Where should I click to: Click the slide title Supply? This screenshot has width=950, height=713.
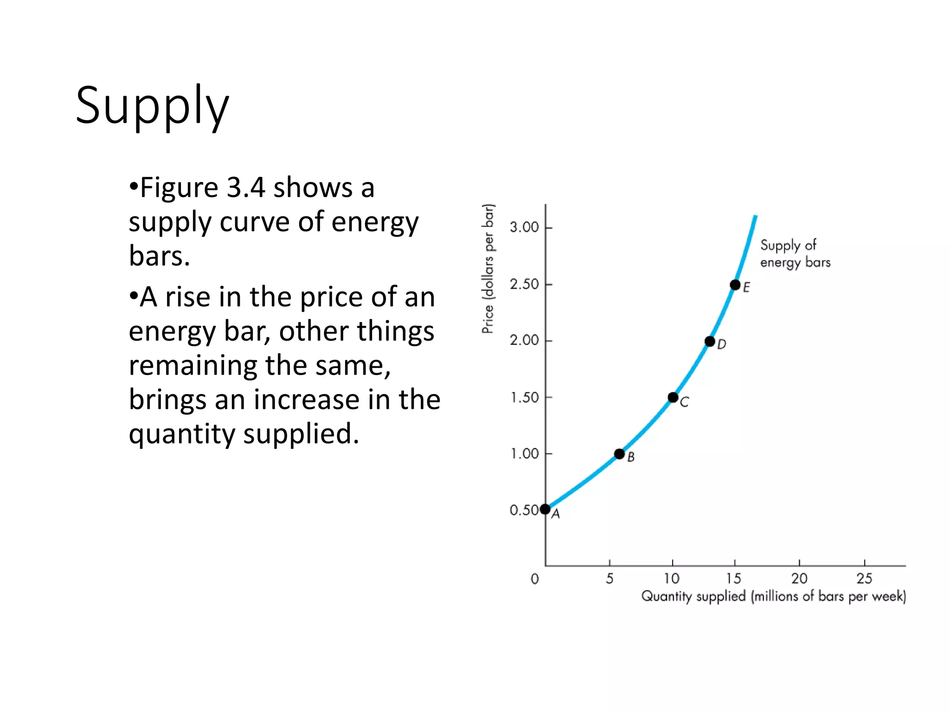[x=152, y=106]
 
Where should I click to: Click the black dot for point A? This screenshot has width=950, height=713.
[x=545, y=509]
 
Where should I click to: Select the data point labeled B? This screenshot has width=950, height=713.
[x=619, y=454]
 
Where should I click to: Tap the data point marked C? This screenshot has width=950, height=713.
[x=673, y=397]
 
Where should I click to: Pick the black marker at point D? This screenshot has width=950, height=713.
[x=710, y=342]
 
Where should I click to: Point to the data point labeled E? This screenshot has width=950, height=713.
[x=735, y=285]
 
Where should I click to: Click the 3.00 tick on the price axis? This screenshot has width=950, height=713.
[x=524, y=227]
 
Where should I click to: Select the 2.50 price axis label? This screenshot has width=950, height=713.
[x=524, y=284]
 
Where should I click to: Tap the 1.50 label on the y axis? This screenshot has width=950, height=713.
[x=524, y=398]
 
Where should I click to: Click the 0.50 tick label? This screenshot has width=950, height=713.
[x=524, y=510]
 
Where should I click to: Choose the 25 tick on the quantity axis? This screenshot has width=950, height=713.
[x=864, y=578]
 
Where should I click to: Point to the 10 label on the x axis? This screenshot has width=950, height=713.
[x=672, y=578]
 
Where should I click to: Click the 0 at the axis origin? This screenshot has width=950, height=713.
[x=535, y=579]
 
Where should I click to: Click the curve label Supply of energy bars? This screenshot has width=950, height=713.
[x=795, y=253]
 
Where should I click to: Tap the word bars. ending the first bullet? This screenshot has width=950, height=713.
[x=159, y=256]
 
